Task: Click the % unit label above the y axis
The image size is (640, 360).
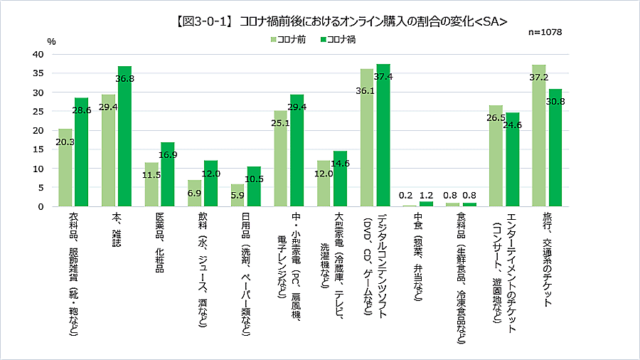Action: pos(51,41)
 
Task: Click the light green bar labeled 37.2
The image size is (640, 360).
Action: pos(538,139)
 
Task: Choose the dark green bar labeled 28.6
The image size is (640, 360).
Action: pos(82,153)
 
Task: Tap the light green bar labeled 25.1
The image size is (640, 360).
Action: pos(280,160)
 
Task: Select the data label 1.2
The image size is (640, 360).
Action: pos(426,194)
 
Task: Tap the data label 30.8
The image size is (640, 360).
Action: pos(555,102)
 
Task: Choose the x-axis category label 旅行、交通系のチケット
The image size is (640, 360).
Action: pos(547,259)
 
